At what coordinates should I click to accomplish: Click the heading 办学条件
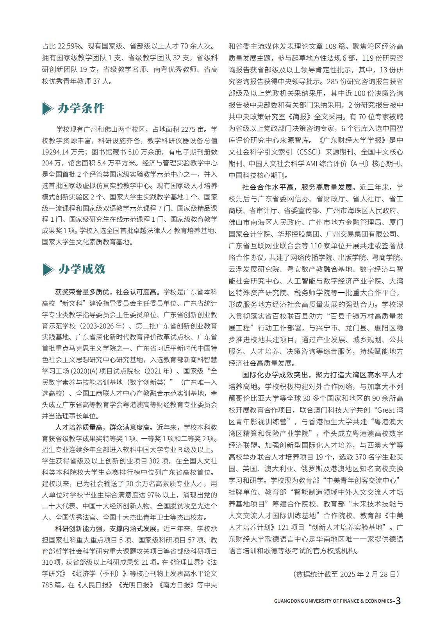tap(81, 108)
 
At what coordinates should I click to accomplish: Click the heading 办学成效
tap(82, 269)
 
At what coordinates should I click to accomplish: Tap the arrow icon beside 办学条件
tap(48, 109)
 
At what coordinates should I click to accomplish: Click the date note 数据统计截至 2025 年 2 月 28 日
tap(346, 574)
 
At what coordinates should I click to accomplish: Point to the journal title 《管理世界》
tap(189, 563)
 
